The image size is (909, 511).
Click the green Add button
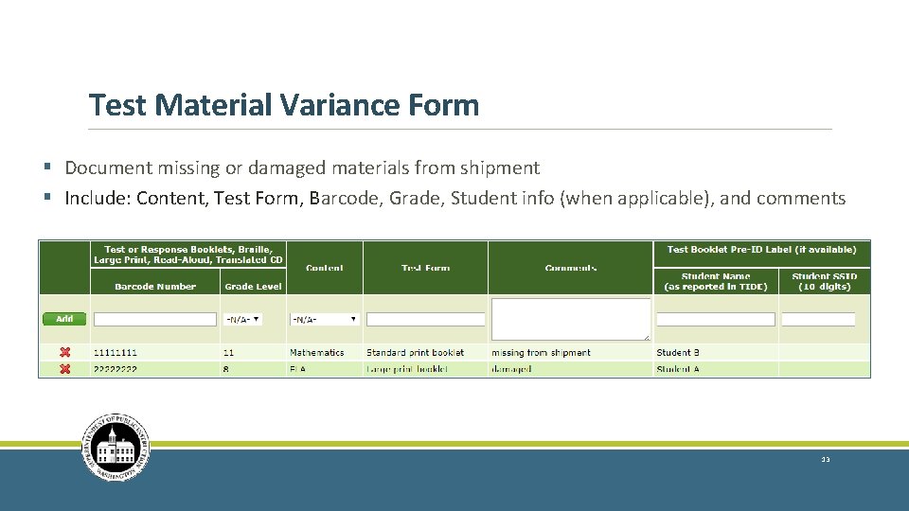pos(64,319)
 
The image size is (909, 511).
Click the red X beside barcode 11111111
pos(64,352)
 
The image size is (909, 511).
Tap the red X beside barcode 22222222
pos(64,369)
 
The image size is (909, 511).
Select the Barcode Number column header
pos(155,286)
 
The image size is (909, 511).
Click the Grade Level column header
pos(253,286)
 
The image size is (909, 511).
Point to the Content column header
pos(324,268)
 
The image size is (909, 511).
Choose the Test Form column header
pos(425,268)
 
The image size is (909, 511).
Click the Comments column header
pos(571,268)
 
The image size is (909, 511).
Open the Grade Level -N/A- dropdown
pos(242,320)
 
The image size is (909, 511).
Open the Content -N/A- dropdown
pos(325,320)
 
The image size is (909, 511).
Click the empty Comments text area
pos(571,319)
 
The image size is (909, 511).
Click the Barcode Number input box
pos(155,320)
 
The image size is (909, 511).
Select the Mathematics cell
pos(317,352)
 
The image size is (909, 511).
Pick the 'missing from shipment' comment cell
pos(541,352)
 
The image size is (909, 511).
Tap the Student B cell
pos(678,352)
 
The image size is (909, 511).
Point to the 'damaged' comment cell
pos(511,369)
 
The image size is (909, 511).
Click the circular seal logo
pos(116,448)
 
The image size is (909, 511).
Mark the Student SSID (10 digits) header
pos(824,281)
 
